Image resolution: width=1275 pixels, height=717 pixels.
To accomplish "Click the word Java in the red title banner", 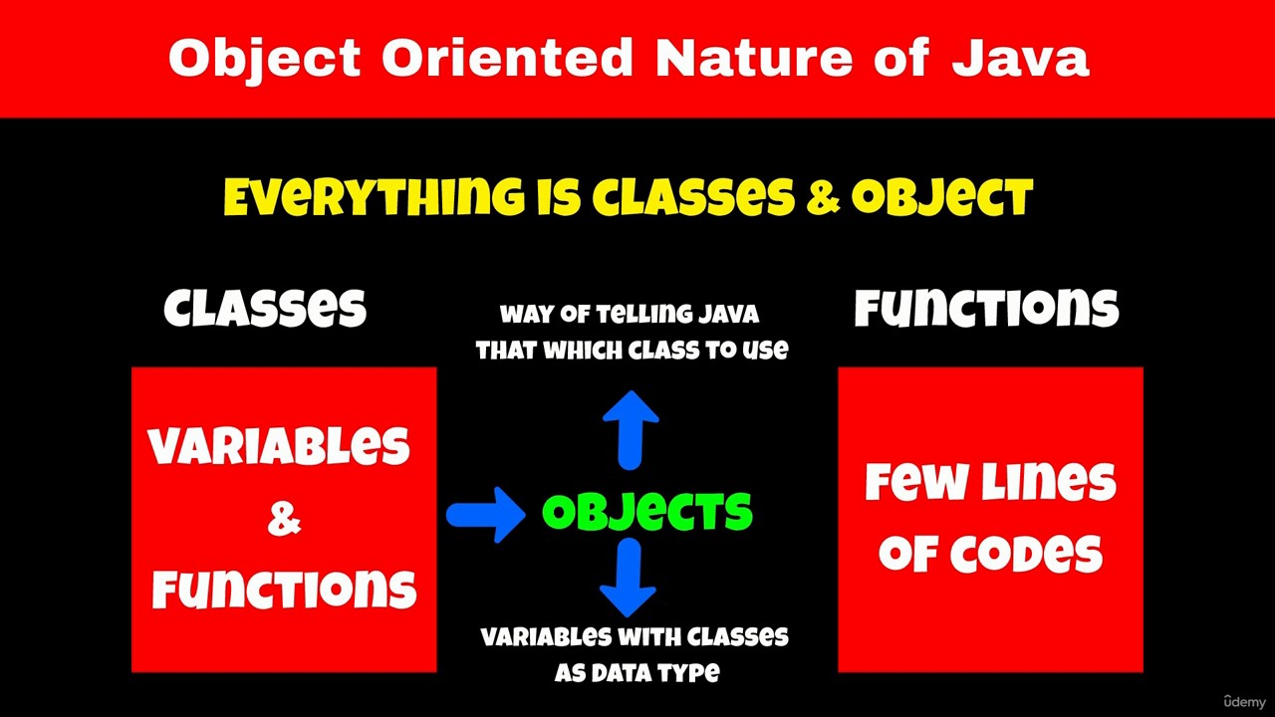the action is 1021,58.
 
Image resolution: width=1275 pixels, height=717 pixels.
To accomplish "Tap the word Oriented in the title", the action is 507,58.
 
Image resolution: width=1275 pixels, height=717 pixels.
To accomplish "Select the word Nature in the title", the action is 754,58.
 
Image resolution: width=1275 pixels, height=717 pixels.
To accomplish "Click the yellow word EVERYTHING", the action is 374,197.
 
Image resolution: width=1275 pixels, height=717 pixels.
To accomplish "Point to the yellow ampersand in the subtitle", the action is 823,197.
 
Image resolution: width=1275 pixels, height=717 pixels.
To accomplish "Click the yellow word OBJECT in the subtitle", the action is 942,197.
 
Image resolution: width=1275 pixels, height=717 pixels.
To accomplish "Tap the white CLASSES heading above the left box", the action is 265,308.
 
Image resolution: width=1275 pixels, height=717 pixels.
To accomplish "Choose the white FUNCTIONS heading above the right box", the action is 986,308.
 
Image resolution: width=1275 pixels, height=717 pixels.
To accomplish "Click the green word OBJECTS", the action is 647,512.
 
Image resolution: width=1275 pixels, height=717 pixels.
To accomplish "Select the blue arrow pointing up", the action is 631,430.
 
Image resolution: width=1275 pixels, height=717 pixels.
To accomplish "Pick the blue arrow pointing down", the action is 629,577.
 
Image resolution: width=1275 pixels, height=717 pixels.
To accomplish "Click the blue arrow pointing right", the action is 485,515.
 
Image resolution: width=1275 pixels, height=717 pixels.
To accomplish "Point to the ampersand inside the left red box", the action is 284,519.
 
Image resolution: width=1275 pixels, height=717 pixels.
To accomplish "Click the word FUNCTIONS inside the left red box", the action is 284,589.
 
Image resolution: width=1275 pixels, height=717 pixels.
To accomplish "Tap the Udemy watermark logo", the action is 1245,702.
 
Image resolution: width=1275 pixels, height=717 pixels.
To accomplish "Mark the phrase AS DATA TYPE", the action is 637,673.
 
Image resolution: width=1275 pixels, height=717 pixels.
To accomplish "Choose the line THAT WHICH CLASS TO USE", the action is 632,350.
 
